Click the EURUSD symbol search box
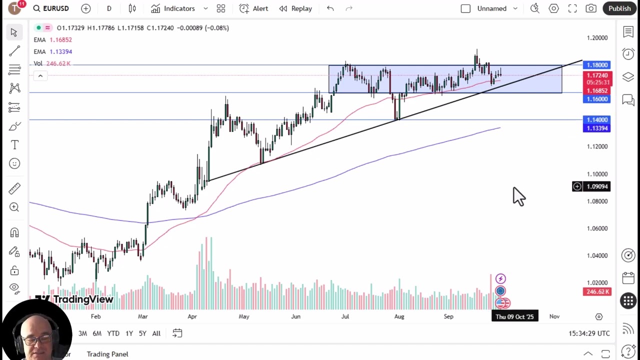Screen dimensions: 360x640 pos(51,8)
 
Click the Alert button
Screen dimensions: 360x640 pos(253,8)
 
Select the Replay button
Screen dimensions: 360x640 pos(295,8)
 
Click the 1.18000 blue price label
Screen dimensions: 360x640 pos(597,65)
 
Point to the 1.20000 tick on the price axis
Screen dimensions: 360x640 pos(597,38)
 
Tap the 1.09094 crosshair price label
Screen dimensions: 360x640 pos(597,186)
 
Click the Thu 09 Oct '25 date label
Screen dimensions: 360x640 pos(514,316)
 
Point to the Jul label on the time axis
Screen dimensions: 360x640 pos(345,316)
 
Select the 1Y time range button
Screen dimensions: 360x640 pos(129,333)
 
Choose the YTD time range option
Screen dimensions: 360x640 pos(113,333)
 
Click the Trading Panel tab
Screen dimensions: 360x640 pos(107,354)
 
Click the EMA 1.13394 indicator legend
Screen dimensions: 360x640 pos(53,51)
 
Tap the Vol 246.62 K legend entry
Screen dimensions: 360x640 pos(52,63)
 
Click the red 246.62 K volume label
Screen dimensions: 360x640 pos(597,291)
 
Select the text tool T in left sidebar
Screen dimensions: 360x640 pos(14,145)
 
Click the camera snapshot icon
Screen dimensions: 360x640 pos(591,8)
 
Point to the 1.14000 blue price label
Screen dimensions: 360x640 pos(597,120)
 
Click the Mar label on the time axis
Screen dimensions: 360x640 pos(142,316)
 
